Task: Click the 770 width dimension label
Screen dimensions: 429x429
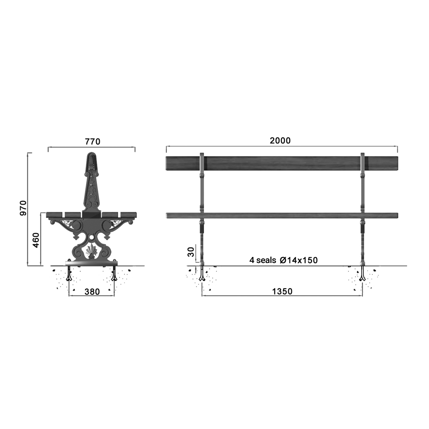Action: coord(93,142)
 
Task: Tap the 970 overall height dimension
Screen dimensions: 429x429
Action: coord(24,208)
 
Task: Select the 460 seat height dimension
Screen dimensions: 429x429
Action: coord(36,240)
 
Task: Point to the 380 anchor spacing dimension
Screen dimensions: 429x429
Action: coord(92,292)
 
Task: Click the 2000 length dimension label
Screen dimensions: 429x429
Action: coord(280,141)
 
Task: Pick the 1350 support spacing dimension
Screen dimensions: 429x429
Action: coord(282,291)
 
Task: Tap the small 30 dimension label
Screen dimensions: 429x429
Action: coord(191,252)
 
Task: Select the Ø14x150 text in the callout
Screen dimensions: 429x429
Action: coord(299,260)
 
